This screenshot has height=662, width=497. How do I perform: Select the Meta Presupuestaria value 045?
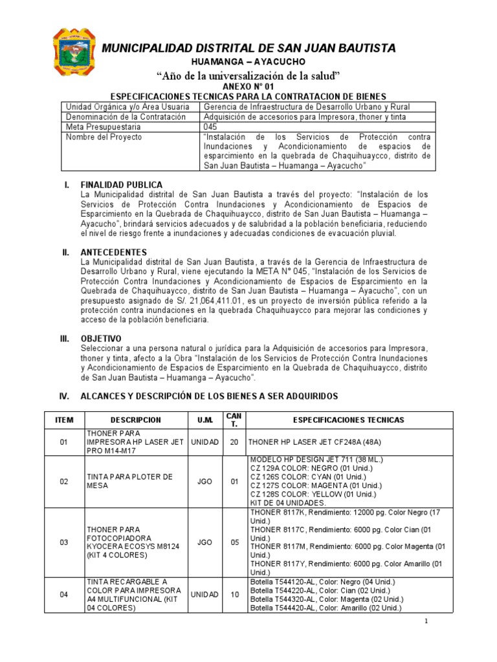[210, 127]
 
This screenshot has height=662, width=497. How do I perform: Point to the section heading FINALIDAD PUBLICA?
[122, 186]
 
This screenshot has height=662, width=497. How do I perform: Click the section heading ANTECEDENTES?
[113, 252]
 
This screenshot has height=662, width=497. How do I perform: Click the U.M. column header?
[205, 420]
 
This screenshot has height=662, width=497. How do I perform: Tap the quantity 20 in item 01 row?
[234, 442]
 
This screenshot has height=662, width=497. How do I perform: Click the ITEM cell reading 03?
[64, 542]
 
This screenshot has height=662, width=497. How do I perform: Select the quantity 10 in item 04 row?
[234, 595]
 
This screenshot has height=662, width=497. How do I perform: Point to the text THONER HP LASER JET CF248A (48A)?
[308, 442]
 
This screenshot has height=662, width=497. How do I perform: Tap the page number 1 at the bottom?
[427, 621]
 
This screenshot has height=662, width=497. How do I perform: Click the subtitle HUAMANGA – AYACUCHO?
[247, 61]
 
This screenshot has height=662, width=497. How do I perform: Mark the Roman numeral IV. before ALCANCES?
[65, 396]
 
